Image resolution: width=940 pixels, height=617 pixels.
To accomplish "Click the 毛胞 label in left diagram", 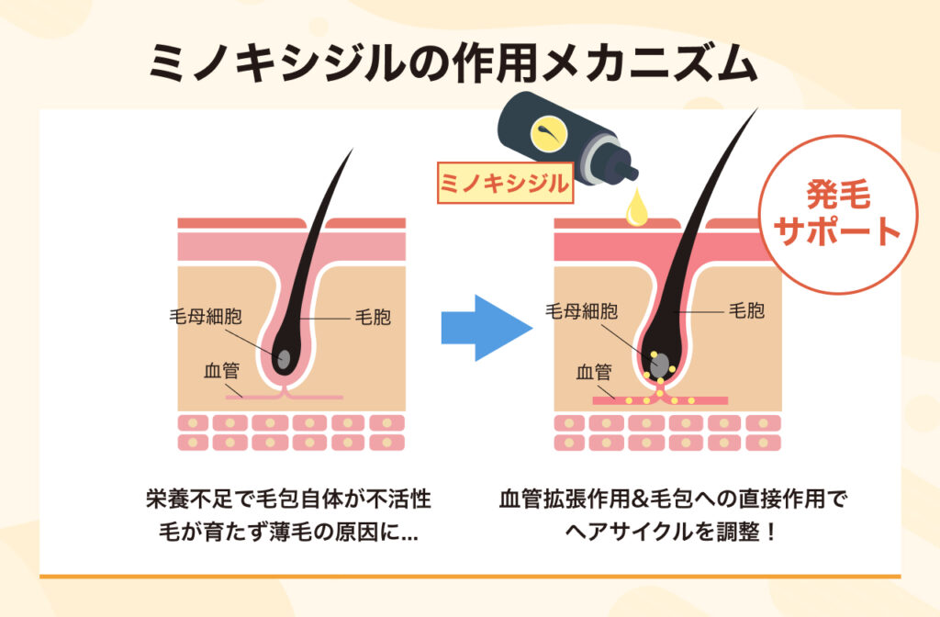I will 373,319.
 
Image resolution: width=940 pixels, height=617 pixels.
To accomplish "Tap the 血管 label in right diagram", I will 594,372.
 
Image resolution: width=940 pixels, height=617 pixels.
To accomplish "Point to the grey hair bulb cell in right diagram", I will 659,365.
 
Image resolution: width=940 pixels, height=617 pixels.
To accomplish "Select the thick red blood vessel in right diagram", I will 660,400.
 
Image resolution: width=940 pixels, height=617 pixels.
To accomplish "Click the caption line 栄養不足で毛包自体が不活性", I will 287,500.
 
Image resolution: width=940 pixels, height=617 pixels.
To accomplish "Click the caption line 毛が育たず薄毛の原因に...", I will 287,532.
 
